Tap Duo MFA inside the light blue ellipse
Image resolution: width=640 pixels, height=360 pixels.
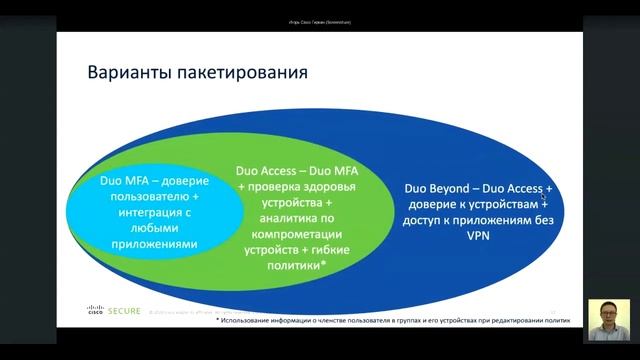122,182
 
